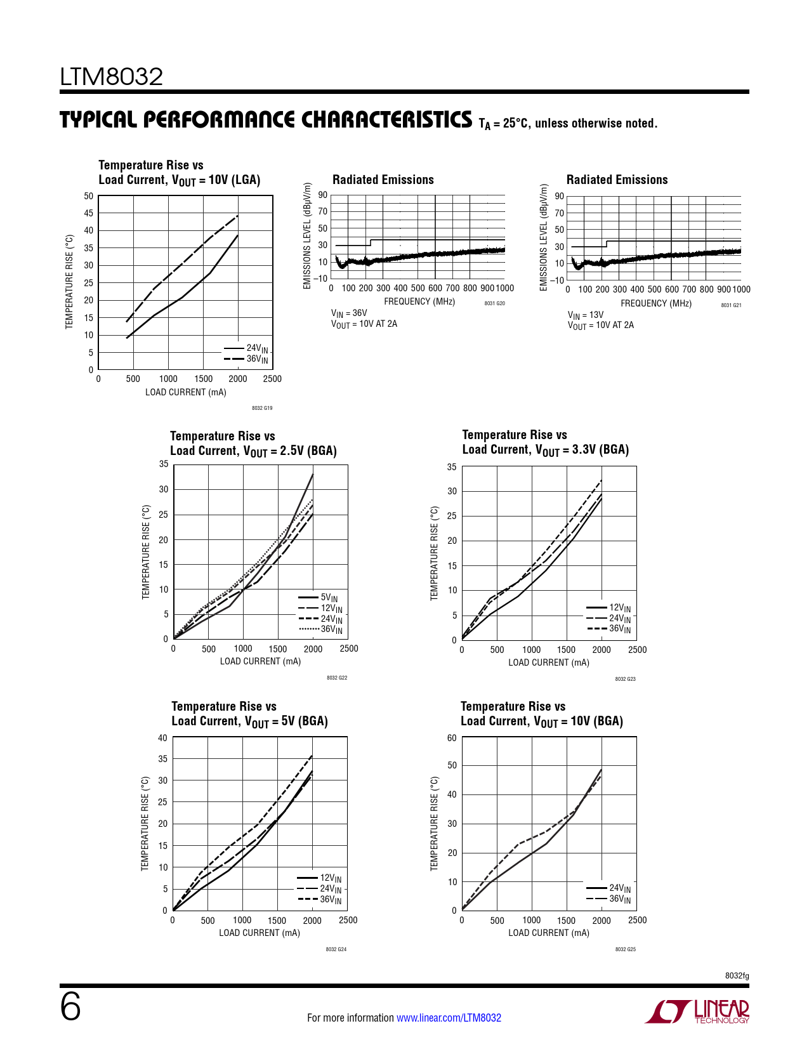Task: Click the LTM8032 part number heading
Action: point(112,77)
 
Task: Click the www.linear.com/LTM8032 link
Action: point(449,1018)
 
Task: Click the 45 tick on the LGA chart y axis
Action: point(88,213)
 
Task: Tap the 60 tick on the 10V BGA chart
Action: point(452,738)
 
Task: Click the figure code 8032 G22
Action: point(337,678)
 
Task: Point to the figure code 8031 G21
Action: point(731,305)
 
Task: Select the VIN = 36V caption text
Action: point(349,313)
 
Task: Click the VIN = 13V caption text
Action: point(586,315)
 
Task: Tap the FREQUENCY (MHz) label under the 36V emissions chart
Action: point(419,301)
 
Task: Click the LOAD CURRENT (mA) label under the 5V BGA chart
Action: point(260,933)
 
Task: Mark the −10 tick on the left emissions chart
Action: point(320,279)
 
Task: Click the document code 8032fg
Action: point(737,976)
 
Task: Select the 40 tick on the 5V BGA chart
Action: point(162,738)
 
